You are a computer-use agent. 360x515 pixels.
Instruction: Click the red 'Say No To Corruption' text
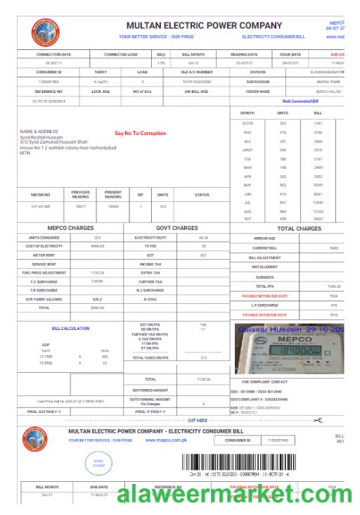[140, 133]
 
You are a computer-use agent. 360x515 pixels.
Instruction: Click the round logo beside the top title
[47, 32]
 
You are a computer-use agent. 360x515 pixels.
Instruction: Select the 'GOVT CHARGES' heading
[176, 228]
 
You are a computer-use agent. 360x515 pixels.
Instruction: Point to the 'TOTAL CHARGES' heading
[299, 228]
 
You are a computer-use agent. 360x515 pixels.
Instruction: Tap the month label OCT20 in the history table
[247, 122]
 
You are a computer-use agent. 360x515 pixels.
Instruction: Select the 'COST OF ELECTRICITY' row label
[44, 247]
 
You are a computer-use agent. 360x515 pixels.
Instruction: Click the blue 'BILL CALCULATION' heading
[71, 328]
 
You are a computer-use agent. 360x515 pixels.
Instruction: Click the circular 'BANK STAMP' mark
[98, 463]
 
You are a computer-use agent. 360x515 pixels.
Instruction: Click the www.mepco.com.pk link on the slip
[166, 440]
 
